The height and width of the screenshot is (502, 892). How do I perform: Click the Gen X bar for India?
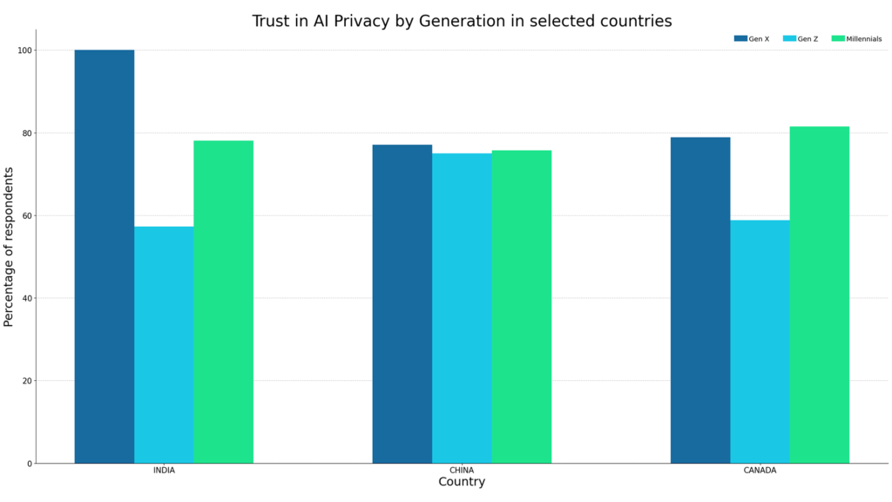(105, 257)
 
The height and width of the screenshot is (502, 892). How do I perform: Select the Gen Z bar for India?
(164, 345)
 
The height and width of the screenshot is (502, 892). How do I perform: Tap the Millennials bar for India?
(224, 302)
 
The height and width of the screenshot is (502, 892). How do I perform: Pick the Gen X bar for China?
(402, 304)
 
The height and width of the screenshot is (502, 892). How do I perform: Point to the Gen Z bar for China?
(462, 309)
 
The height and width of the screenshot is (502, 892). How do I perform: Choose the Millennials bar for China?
(522, 307)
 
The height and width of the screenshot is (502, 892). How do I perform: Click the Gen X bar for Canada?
(700, 300)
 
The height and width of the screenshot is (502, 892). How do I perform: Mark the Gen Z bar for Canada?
(760, 342)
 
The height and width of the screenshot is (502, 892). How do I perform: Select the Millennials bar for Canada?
(820, 295)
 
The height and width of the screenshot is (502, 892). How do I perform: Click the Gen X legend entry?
(752, 38)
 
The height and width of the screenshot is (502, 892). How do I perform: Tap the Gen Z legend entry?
(801, 38)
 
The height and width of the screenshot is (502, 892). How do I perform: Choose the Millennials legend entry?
(857, 38)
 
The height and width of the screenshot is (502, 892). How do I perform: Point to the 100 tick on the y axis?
(24, 51)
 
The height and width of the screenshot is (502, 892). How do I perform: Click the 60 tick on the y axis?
(26, 216)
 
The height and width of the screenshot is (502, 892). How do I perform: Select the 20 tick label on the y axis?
(26, 381)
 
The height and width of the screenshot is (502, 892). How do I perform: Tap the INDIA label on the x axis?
(164, 471)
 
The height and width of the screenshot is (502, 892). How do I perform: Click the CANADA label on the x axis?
(760, 471)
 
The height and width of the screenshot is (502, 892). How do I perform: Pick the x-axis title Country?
(462, 482)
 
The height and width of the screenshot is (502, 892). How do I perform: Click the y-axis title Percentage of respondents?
(10, 247)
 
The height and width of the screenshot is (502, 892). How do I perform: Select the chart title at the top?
(462, 21)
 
